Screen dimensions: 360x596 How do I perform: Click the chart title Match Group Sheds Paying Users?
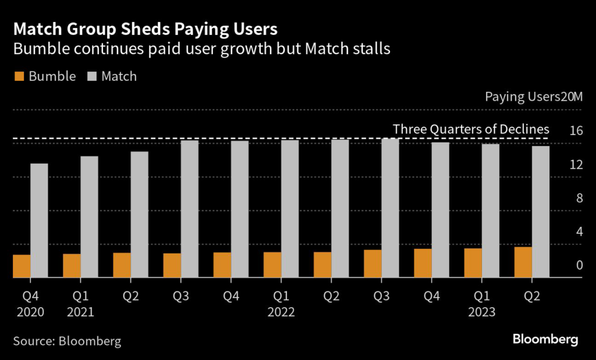[145, 28]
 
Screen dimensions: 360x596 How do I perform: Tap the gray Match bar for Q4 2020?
[39, 220]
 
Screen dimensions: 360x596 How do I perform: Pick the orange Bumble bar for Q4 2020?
[22, 266]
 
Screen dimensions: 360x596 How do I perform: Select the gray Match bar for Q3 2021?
[189, 209]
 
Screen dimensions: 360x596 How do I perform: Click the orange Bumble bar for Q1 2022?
[272, 265]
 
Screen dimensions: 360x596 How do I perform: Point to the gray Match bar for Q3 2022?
[390, 208]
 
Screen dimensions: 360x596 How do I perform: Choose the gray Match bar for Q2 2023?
[540, 212]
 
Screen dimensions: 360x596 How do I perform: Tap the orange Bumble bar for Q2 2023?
[523, 262]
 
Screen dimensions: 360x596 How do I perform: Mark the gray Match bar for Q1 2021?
[89, 217]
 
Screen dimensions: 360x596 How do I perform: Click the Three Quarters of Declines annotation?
[471, 129]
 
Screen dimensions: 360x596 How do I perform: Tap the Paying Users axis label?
[521, 97]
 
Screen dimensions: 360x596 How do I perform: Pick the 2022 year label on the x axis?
[281, 312]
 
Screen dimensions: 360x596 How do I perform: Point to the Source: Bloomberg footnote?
[67, 341]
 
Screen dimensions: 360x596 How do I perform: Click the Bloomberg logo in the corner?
[545, 339]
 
